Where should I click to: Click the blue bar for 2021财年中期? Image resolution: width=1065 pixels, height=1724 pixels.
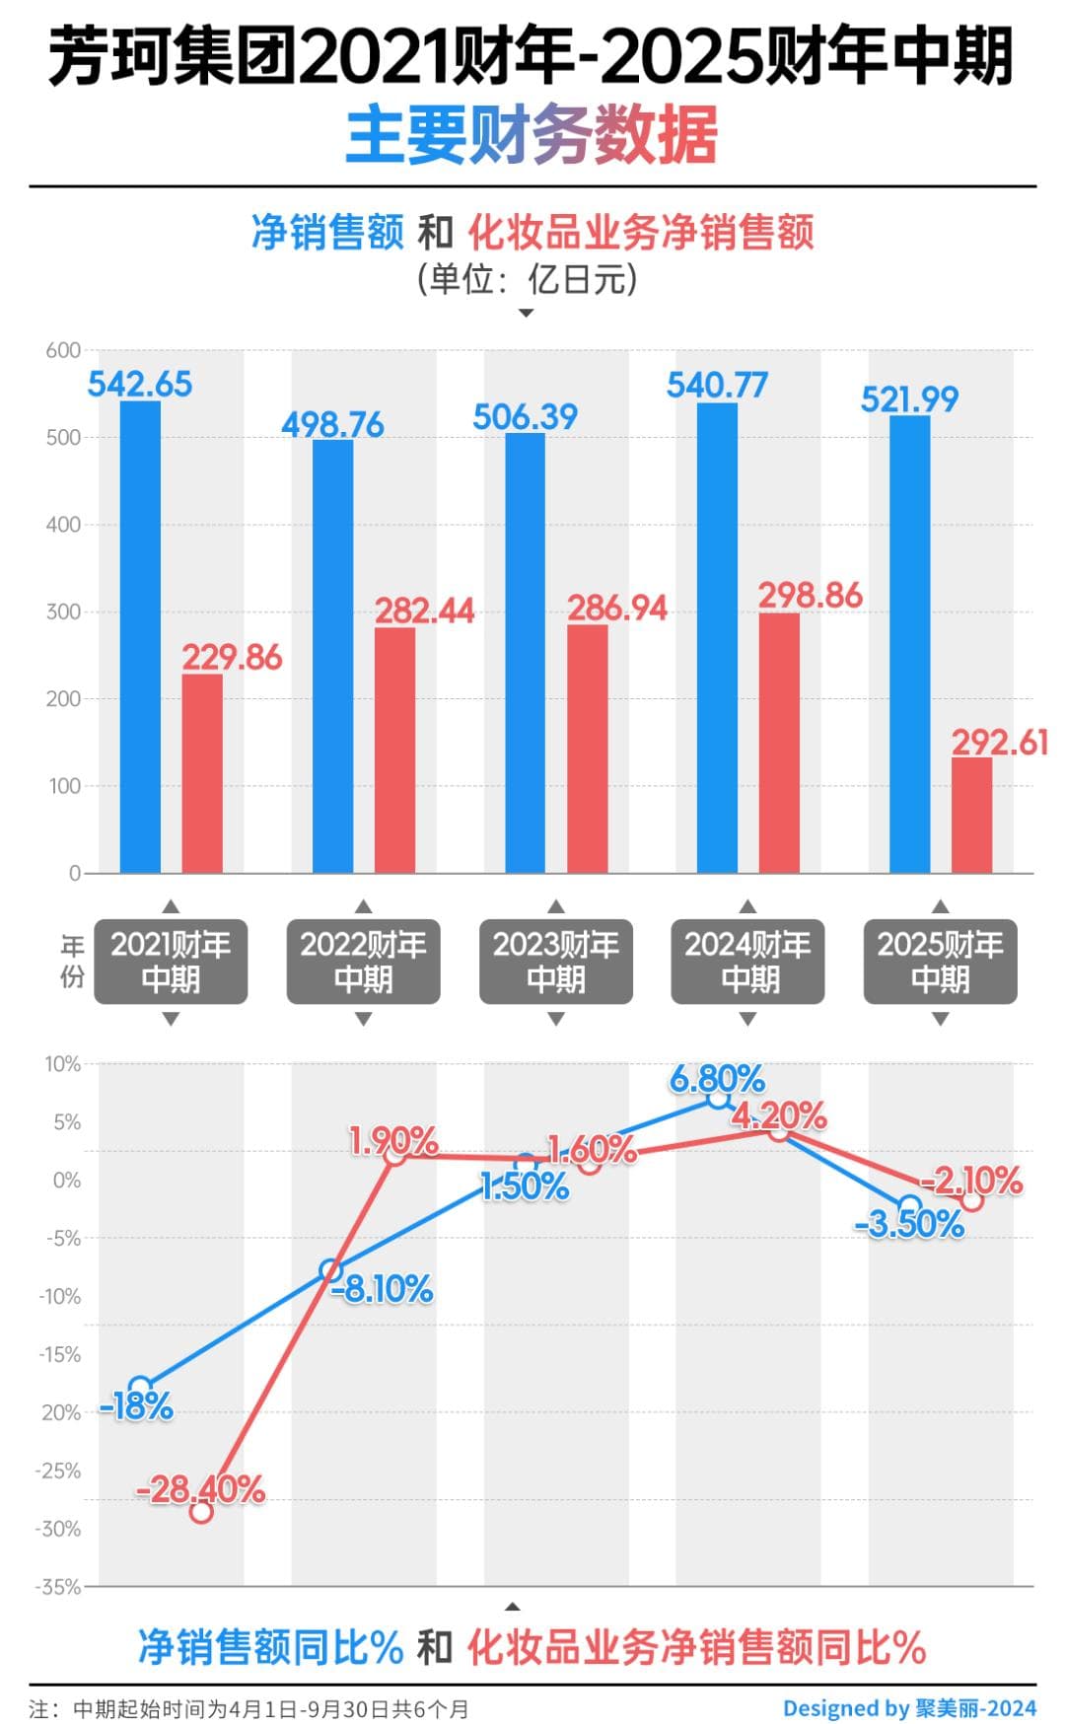[x=140, y=637]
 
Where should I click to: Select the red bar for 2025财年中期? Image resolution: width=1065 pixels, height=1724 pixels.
[x=971, y=815]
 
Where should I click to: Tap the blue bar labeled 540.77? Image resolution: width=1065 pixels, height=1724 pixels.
[x=717, y=637]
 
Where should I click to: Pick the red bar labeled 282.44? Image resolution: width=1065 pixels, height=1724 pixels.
[x=394, y=750]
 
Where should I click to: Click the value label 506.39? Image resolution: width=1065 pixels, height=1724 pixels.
[x=525, y=416]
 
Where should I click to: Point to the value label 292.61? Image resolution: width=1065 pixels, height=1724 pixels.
[x=999, y=742]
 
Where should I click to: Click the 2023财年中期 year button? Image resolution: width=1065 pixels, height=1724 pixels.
[x=555, y=962]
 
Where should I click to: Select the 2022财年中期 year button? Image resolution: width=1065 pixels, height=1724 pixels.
[x=363, y=962]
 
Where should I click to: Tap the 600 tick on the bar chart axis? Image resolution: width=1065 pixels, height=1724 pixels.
[x=63, y=350]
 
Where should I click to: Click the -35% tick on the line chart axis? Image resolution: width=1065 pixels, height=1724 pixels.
[x=59, y=1587]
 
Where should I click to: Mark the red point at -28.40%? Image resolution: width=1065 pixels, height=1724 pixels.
[x=201, y=1511]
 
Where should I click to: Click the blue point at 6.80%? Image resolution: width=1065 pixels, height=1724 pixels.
[x=717, y=1098]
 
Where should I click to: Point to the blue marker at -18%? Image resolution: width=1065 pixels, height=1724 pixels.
[x=141, y=1388]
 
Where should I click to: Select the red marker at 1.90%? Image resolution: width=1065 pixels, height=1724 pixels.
[x=394, y=1154]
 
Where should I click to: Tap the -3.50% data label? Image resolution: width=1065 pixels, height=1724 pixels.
[x=909, y=1224]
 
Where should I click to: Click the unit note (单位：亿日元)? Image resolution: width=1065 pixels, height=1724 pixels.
[x=527, y=279]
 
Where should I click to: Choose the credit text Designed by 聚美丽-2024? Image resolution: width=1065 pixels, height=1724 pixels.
[x=909, y=1708]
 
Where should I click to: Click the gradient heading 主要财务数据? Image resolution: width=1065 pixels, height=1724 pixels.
[x=532, y=135]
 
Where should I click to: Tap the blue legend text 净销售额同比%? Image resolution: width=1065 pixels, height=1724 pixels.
[x=270, y=1647]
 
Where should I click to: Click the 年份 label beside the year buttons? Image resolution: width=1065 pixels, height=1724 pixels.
[x=72, y=962]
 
